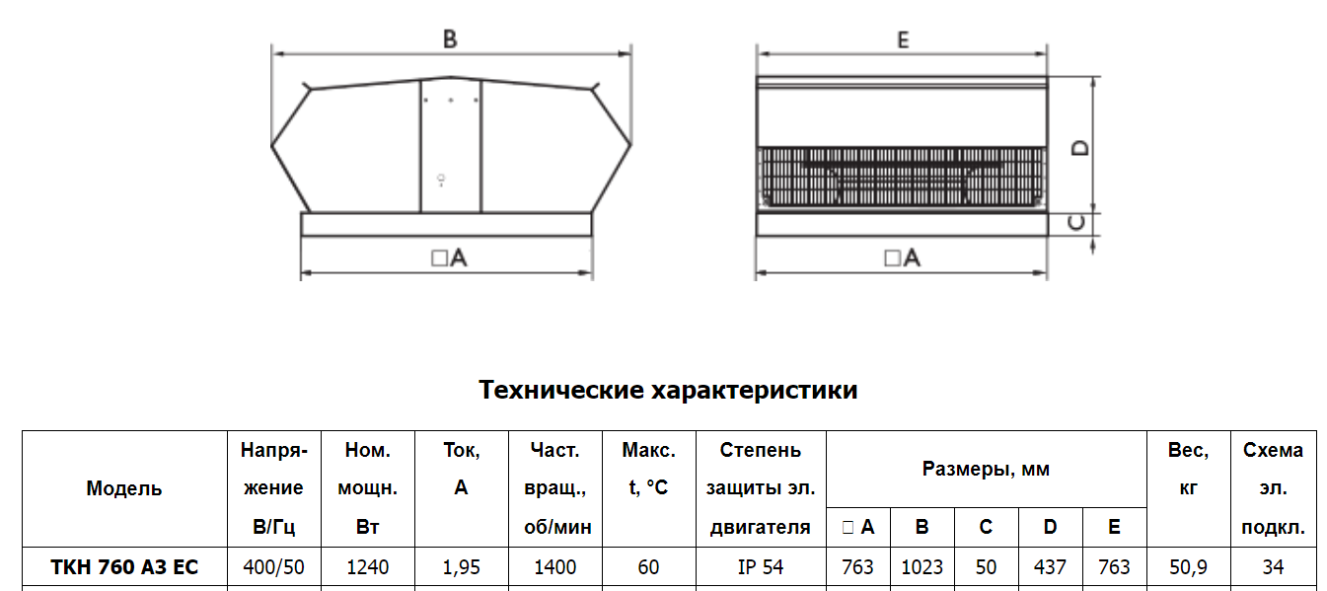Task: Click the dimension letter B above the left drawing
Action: click(x=450, y=39)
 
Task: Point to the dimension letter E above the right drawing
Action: click(x=903, y=39)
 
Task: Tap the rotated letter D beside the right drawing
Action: click(x=1080, y=147)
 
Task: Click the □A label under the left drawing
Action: click(x=449, y=258)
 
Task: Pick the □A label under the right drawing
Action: click(x=902, y=258)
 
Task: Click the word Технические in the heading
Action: click(x=561, y=390)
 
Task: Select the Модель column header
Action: click(x=123, y=488)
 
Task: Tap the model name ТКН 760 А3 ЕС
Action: click(x=124, y=566)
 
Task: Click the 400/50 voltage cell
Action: click(x=273, y=566)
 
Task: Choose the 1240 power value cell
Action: click(x=367, y=566)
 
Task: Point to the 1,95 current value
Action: click(x=461, y=566)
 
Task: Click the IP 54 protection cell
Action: click(x=761, y=566)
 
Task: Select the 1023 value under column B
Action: click(x=922, y=566)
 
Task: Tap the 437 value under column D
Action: click(x=1050, y=566)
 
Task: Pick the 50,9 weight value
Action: click(x=1188, y=566)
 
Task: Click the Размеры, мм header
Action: click(x=986, y=469)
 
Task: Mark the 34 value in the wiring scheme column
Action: click(x=1273, y=566)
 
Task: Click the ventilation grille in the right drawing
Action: click(x=902, y=177)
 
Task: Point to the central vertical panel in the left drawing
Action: click(x=450, y=145)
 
